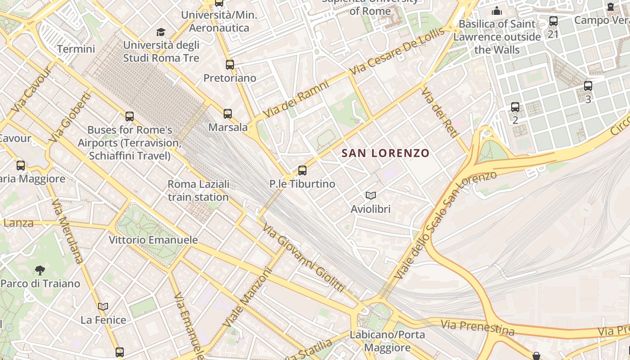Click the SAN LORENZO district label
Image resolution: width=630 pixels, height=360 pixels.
(x=386, y=153)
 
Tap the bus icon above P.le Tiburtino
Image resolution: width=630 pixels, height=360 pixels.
(x=302, y=171)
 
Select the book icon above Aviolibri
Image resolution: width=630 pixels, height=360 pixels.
(x=370, y=195)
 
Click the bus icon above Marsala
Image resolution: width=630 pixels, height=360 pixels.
(x=228, y=114)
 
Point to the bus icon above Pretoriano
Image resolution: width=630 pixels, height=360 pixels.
(x=230, y=65)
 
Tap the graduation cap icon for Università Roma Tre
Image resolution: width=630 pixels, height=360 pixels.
(x=161, y=32)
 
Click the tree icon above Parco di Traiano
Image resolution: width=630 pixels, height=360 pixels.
(x=40, y=270)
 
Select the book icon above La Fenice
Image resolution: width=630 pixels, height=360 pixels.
(x=103, y=306)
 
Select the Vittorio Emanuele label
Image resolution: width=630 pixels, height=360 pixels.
(x=153, y=240)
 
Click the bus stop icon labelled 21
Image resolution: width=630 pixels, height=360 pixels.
(x=553, y=21)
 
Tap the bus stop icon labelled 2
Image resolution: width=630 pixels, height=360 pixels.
(x=515, y=107)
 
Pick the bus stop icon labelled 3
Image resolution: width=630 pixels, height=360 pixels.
(x=588, y=86)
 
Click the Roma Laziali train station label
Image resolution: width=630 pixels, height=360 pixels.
(x=198, y=190)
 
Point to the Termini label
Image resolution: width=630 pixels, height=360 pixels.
(x=76, y=49)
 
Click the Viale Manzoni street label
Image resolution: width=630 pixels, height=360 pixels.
(x=247, y=297)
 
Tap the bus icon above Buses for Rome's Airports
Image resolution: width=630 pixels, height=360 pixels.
(x=130, y=117)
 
